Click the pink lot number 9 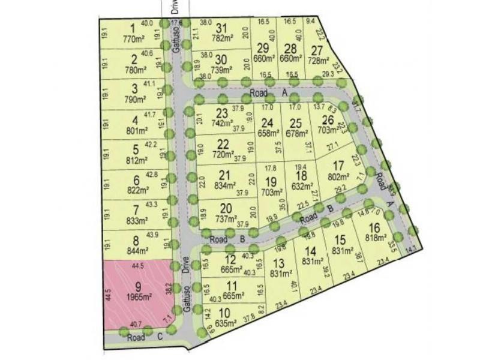click(x=137, y=286)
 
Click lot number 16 click(x=374, y=227)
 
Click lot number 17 click(x=339, y=166)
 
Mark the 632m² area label click(x=302, y=185)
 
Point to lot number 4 click(x=135, y=119)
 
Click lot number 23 click(x=222, y=112)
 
